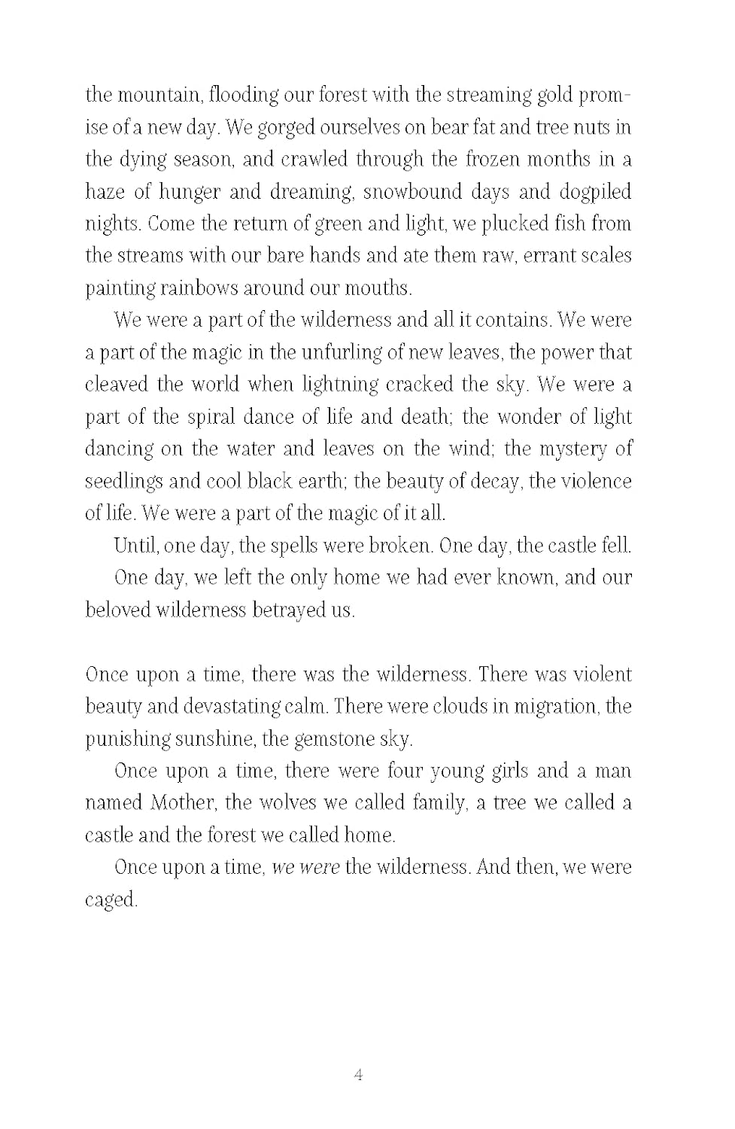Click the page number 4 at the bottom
pos(358,1074)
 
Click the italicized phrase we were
pos(305,867)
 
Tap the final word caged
pos(111,899)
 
